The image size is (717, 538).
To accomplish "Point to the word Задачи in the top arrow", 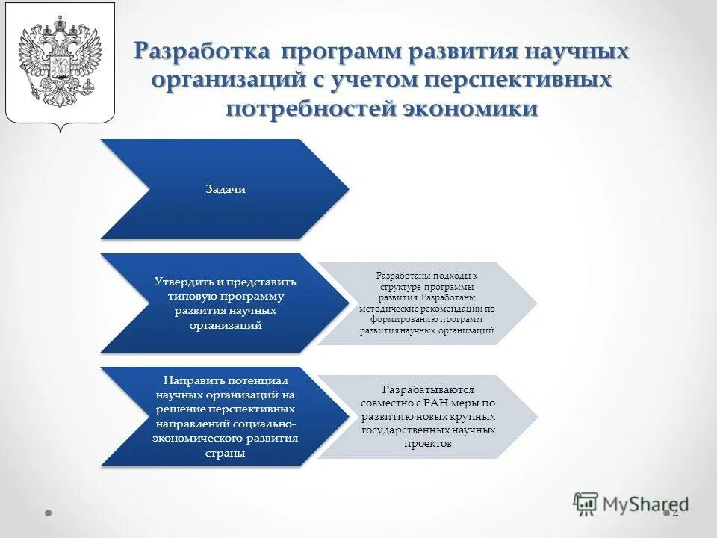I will [x=226, y=189].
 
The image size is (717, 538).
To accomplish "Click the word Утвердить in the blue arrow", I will [x=184, y=282].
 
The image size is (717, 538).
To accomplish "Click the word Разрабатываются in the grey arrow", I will [x=427, y=390].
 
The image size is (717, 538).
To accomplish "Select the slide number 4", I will [x=675, y=514].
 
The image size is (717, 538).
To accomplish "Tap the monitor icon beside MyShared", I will [x=586, y=504].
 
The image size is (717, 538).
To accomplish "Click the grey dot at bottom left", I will [x=48, y=514].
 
